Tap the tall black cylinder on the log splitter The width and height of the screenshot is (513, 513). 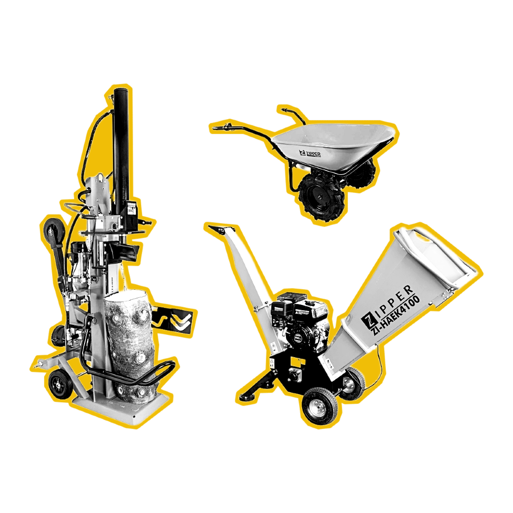(122, 142)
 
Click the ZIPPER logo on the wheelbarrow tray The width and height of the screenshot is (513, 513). (310, 154)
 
